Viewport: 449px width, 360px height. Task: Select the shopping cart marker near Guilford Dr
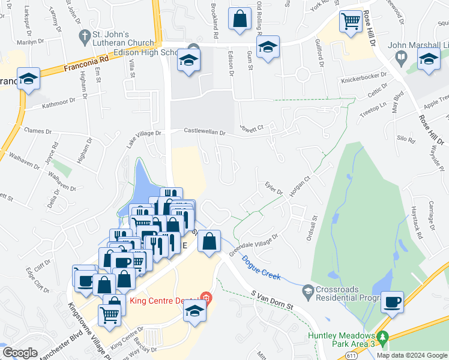tap(351, 22)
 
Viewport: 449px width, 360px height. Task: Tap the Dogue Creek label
tap(262, 267)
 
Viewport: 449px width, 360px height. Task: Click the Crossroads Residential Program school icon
tap(308, 291)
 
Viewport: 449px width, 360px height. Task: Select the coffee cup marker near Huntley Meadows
tap(393, 302)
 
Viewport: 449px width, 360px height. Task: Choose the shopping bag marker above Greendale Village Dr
tap(209, 242)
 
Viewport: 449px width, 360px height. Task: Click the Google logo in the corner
tap(20, 352)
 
